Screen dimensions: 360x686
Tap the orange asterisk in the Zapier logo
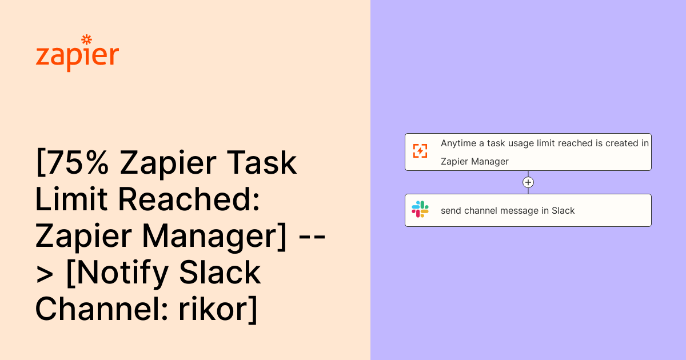86,40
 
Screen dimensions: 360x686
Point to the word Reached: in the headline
189,199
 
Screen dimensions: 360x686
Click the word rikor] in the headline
218,309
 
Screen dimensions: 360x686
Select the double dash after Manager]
312,236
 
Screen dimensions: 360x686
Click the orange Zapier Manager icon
420,151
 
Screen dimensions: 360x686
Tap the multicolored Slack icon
420,209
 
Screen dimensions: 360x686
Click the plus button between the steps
528,182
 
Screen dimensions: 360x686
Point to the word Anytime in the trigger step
458,143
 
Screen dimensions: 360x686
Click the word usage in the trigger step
522,143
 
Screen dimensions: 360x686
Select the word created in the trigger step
622,143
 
